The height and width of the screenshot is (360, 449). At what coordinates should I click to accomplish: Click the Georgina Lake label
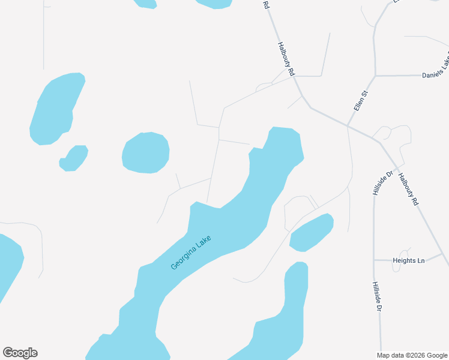[191, 253]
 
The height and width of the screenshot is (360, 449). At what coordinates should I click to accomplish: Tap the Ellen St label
[360, 100]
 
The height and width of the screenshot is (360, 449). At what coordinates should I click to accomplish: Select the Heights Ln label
[408, 260]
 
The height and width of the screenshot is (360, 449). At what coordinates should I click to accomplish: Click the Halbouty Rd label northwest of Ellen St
[286, 58]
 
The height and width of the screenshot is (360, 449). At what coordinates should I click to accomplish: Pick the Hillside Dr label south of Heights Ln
[376, 296]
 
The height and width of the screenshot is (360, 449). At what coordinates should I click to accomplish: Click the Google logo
[20, 353]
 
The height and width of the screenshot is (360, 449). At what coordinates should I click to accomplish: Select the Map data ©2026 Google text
[412, 355]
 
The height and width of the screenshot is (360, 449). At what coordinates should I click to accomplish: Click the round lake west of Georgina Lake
[145, 152]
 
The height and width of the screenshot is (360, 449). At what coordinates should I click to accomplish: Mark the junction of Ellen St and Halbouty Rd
[348, 126]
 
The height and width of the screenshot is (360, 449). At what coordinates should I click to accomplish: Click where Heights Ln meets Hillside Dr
[374, 260]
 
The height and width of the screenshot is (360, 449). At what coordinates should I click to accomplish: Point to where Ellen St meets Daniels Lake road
[375, 76]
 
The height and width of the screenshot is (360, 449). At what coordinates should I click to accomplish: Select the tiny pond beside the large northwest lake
[74, 158]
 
